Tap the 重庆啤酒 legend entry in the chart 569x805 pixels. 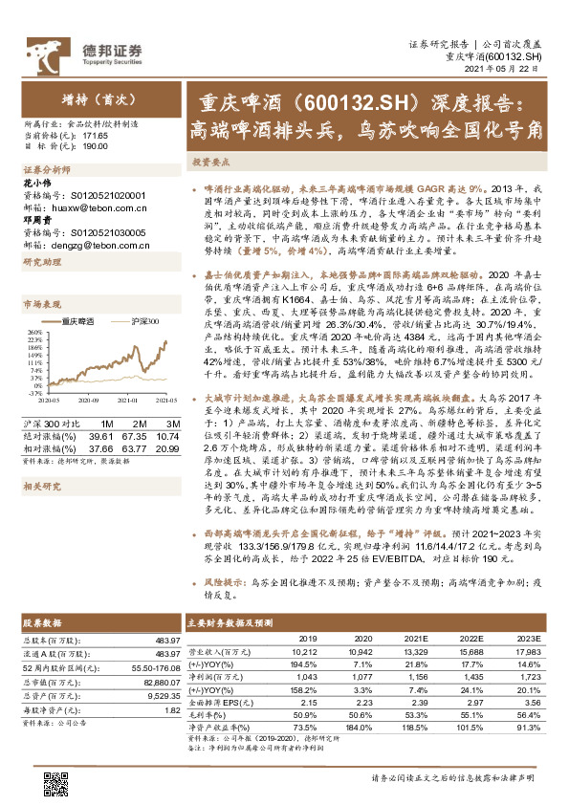[76, 322]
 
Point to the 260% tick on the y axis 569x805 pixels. [34, 331]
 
